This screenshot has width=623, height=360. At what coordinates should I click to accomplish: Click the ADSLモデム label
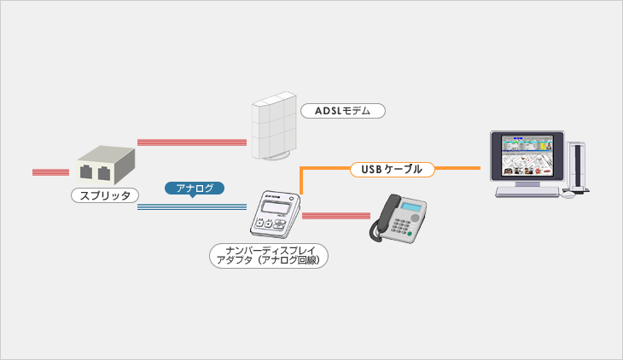pyautogui.click(x=343, y=111)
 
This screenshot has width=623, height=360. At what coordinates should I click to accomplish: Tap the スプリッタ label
pyautogui.click(x=105, y=195)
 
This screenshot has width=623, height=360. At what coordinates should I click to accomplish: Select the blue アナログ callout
pyautogui.click(x=195, y=189)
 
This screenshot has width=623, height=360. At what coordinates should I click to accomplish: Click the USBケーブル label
pyautogui.click(x=393, y=169)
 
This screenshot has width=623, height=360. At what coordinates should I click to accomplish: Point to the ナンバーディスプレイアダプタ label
pyautogui.click(x=269, y=255)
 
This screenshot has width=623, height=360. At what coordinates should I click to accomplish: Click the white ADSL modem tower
pyautogui.click(x=274, y=126)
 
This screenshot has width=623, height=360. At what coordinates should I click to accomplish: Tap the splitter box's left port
pyautogui.click(x=86, y=172)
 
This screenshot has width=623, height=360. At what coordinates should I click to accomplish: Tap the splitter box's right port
pyautogui.click(x=104, y=174)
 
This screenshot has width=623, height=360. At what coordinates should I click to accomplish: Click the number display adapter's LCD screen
pyautogui.click(x=274, y=207)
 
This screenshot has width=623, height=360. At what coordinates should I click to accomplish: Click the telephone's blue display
pyautogui.click(x=410, y=206)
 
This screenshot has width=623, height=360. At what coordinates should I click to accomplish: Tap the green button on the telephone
pyautogui.click(x=410, y=235)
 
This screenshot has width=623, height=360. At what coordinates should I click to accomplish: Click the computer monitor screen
pyautogui.click(x=527, y=155)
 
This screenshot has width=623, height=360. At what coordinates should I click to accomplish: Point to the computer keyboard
pyautogui.click(x=527, y=192)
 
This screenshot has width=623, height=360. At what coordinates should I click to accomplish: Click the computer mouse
pyautogui.click(x=568, y=195)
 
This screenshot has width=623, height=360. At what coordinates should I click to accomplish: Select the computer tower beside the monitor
pyautogui.click(x=577, y=167)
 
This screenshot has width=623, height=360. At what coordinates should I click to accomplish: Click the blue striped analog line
pyautogui.click(x=192, y=206)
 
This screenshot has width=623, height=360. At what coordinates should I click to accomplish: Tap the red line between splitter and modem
pyautogui.click(x=192, y=142)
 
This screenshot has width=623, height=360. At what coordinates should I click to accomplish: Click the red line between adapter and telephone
pyautogui.click(x=336, y=216)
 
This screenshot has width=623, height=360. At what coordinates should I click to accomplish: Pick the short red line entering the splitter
pyautogui.click(x=51, y=172)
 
